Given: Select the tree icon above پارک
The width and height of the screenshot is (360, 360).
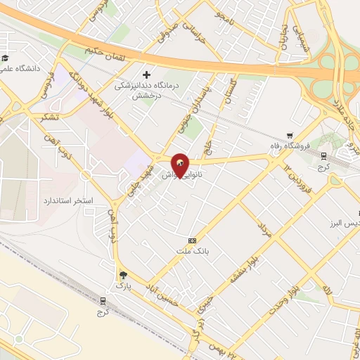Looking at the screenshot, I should [x=124, y=275].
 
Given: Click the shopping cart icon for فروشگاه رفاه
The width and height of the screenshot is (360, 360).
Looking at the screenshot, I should [x=290, y=136].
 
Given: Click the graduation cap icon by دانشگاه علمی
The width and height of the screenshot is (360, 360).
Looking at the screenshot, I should [x=5, y=58].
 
